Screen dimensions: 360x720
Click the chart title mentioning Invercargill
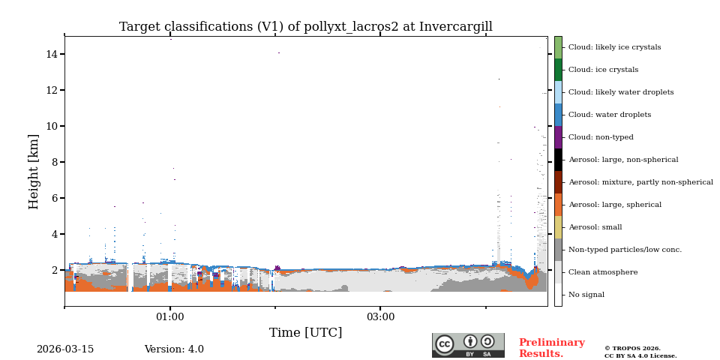tap(305, 27)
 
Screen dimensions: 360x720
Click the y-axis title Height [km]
tap(34, 171)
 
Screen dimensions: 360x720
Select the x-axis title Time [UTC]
tap(305, 333)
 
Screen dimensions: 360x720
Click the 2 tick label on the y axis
tap(55, 270)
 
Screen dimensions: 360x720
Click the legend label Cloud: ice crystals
tap(603, 70)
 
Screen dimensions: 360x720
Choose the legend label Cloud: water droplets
tap(610, 115)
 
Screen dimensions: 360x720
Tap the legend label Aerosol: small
tap(595, 227)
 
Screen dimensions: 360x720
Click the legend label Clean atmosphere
tap(603, 272)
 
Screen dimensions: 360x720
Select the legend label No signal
tap(586, 295)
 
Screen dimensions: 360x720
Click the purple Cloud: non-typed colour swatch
tap(558, 137)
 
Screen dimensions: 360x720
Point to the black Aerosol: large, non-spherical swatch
tap(558, 160)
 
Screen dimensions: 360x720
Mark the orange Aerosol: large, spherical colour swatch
tap(558, 205)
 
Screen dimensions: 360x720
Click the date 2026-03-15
tap(65, 349)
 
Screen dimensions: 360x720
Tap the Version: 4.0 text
tap(174, 349)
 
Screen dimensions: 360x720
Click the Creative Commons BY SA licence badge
tap(468, 345)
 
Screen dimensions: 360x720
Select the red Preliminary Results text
tap(551, 348)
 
